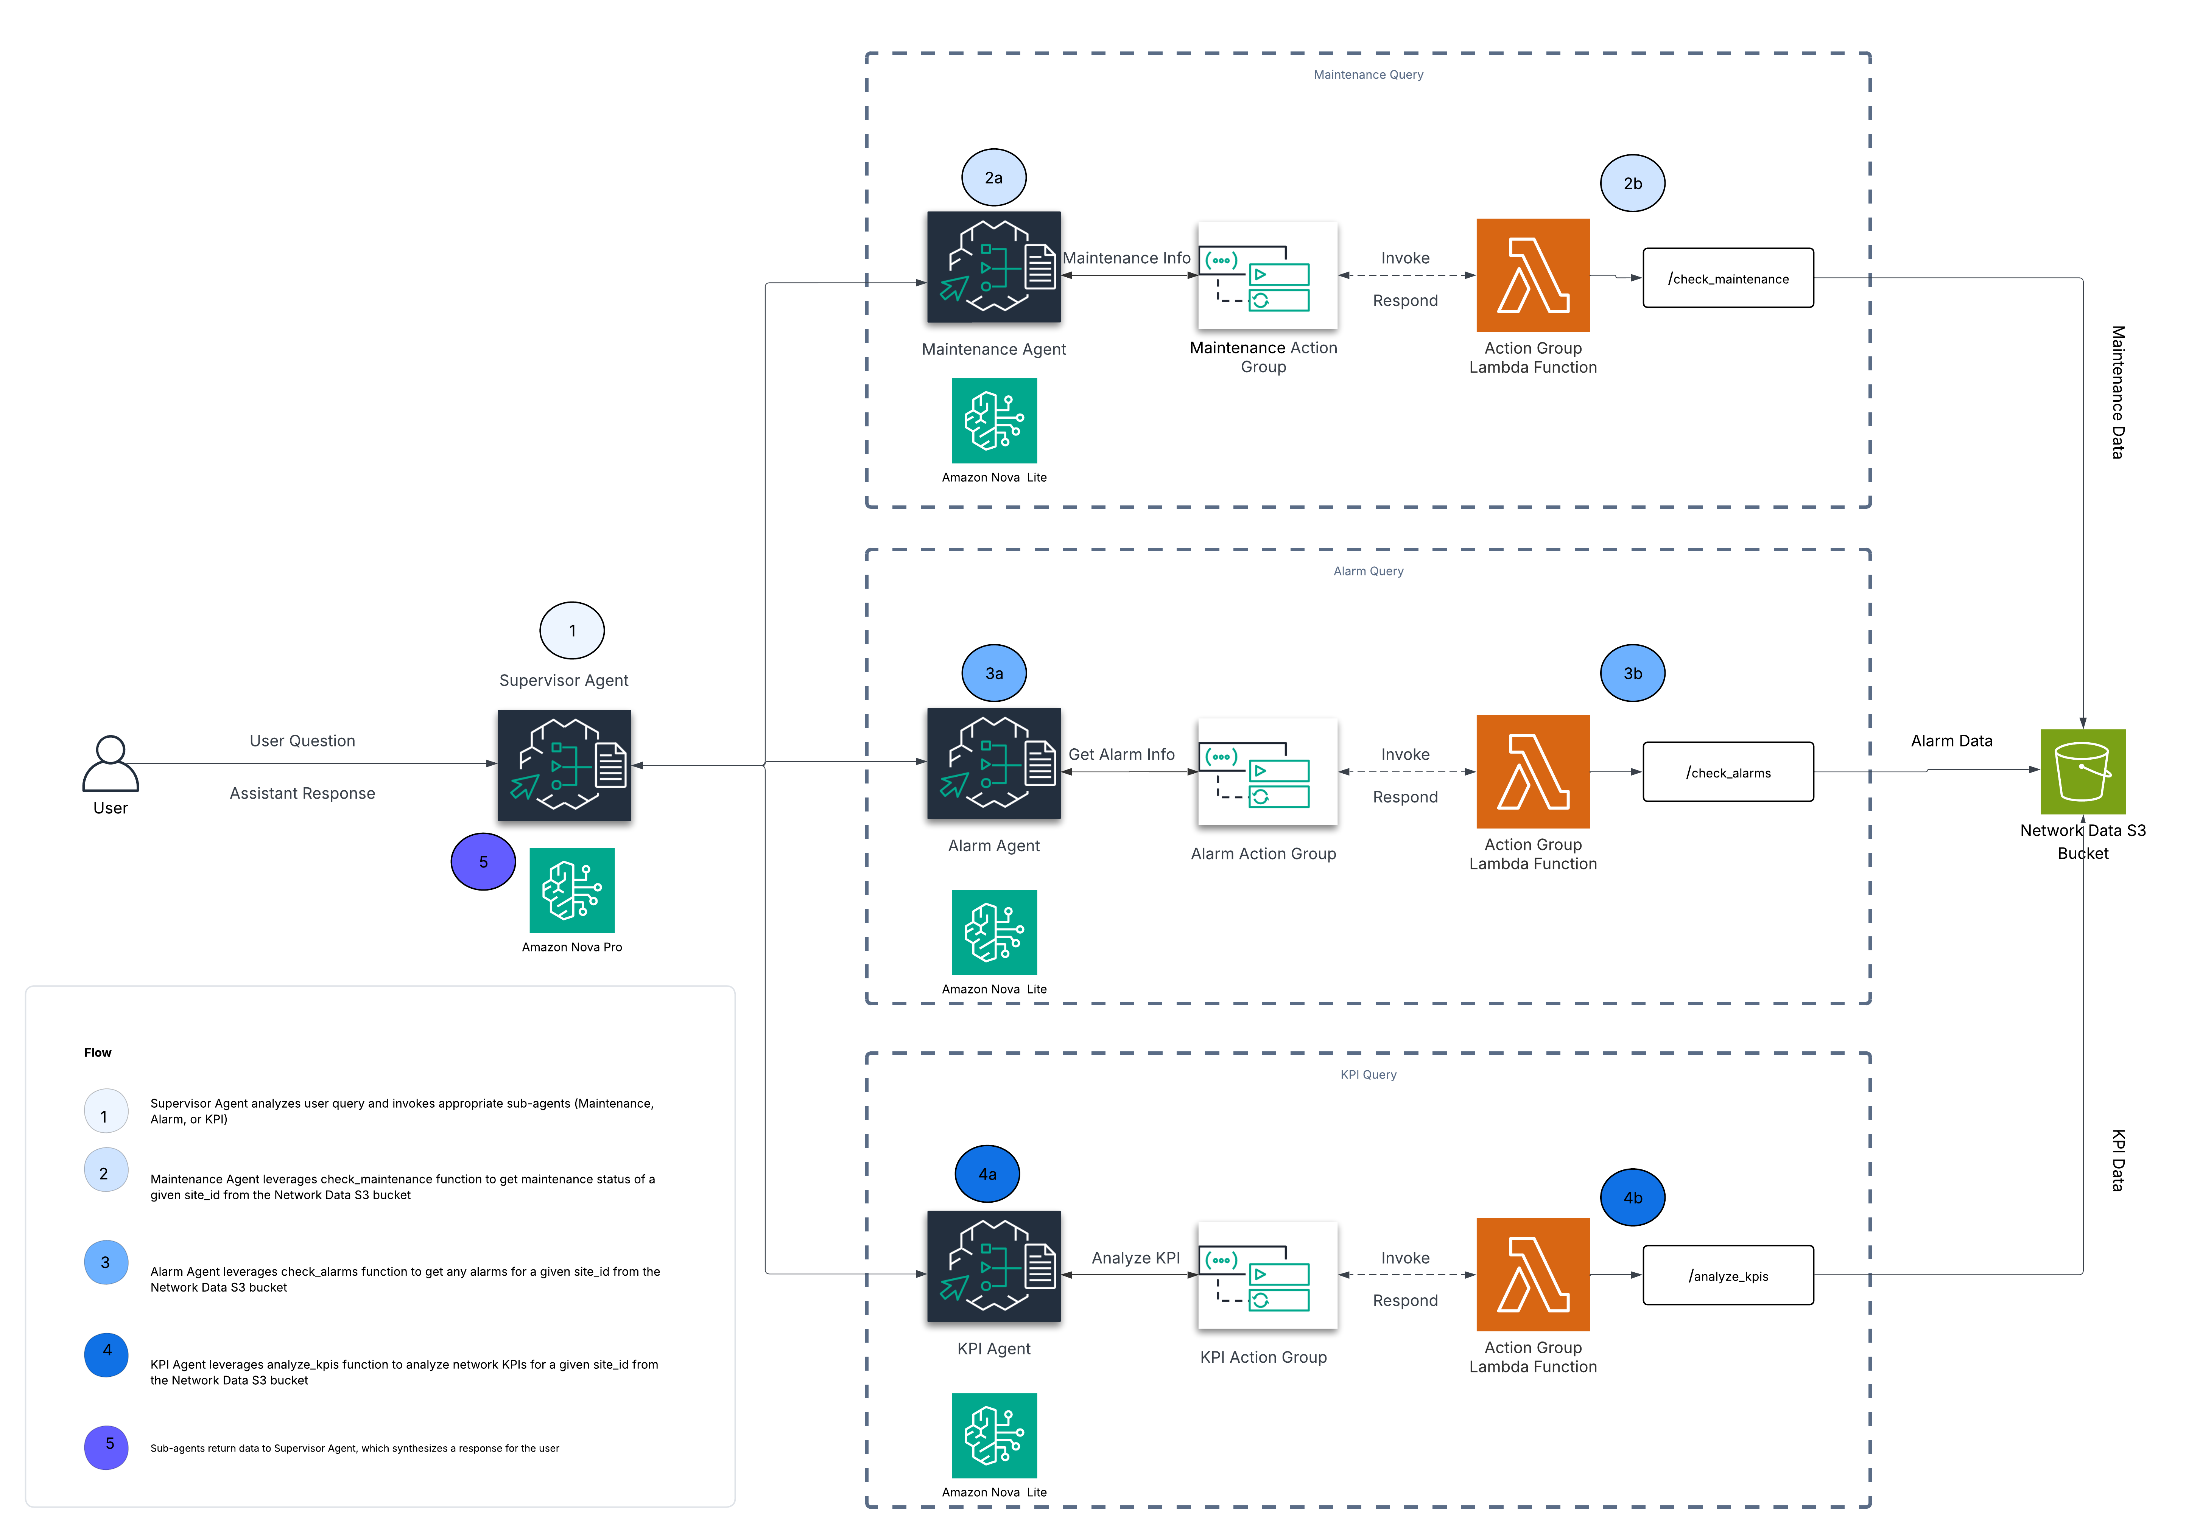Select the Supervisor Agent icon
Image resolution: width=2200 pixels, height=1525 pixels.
(564, 765)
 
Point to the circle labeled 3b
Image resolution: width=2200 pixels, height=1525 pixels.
(1632, 674)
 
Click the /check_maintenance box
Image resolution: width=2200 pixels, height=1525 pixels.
(1728, 278)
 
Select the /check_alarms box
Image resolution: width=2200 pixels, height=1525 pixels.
(1728, 772)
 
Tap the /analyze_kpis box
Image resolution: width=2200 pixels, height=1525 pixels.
(1728, 1276)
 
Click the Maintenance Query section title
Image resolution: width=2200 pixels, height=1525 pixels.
(1368, 75)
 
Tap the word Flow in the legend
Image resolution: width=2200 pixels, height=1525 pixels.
(98, 1052)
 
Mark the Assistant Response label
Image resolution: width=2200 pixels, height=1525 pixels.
(302, 793)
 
